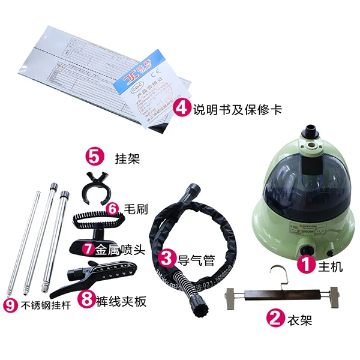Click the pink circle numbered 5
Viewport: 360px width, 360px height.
point(94,157)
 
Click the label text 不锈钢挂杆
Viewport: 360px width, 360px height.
point(45,305)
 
